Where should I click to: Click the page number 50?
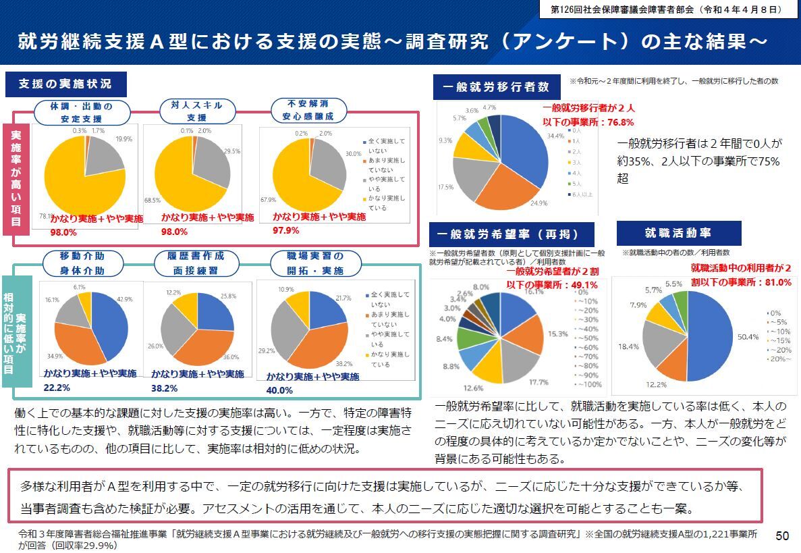[782, 535]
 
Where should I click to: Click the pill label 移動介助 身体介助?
[82, 263]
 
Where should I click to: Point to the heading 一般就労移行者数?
[496, 87]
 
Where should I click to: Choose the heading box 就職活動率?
[678, 233]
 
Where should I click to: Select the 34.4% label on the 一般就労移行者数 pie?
[555, 136]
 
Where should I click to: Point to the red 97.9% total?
[286, 230]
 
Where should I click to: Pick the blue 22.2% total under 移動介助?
[57, 388]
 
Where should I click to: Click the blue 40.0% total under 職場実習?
[279, 390]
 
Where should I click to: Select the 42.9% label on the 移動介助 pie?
[124, 298]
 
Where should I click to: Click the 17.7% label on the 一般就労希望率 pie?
[538, 382]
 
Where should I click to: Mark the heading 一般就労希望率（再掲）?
[513, 234]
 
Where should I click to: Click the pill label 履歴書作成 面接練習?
[196, 263]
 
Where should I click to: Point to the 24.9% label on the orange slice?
[538, 203]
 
